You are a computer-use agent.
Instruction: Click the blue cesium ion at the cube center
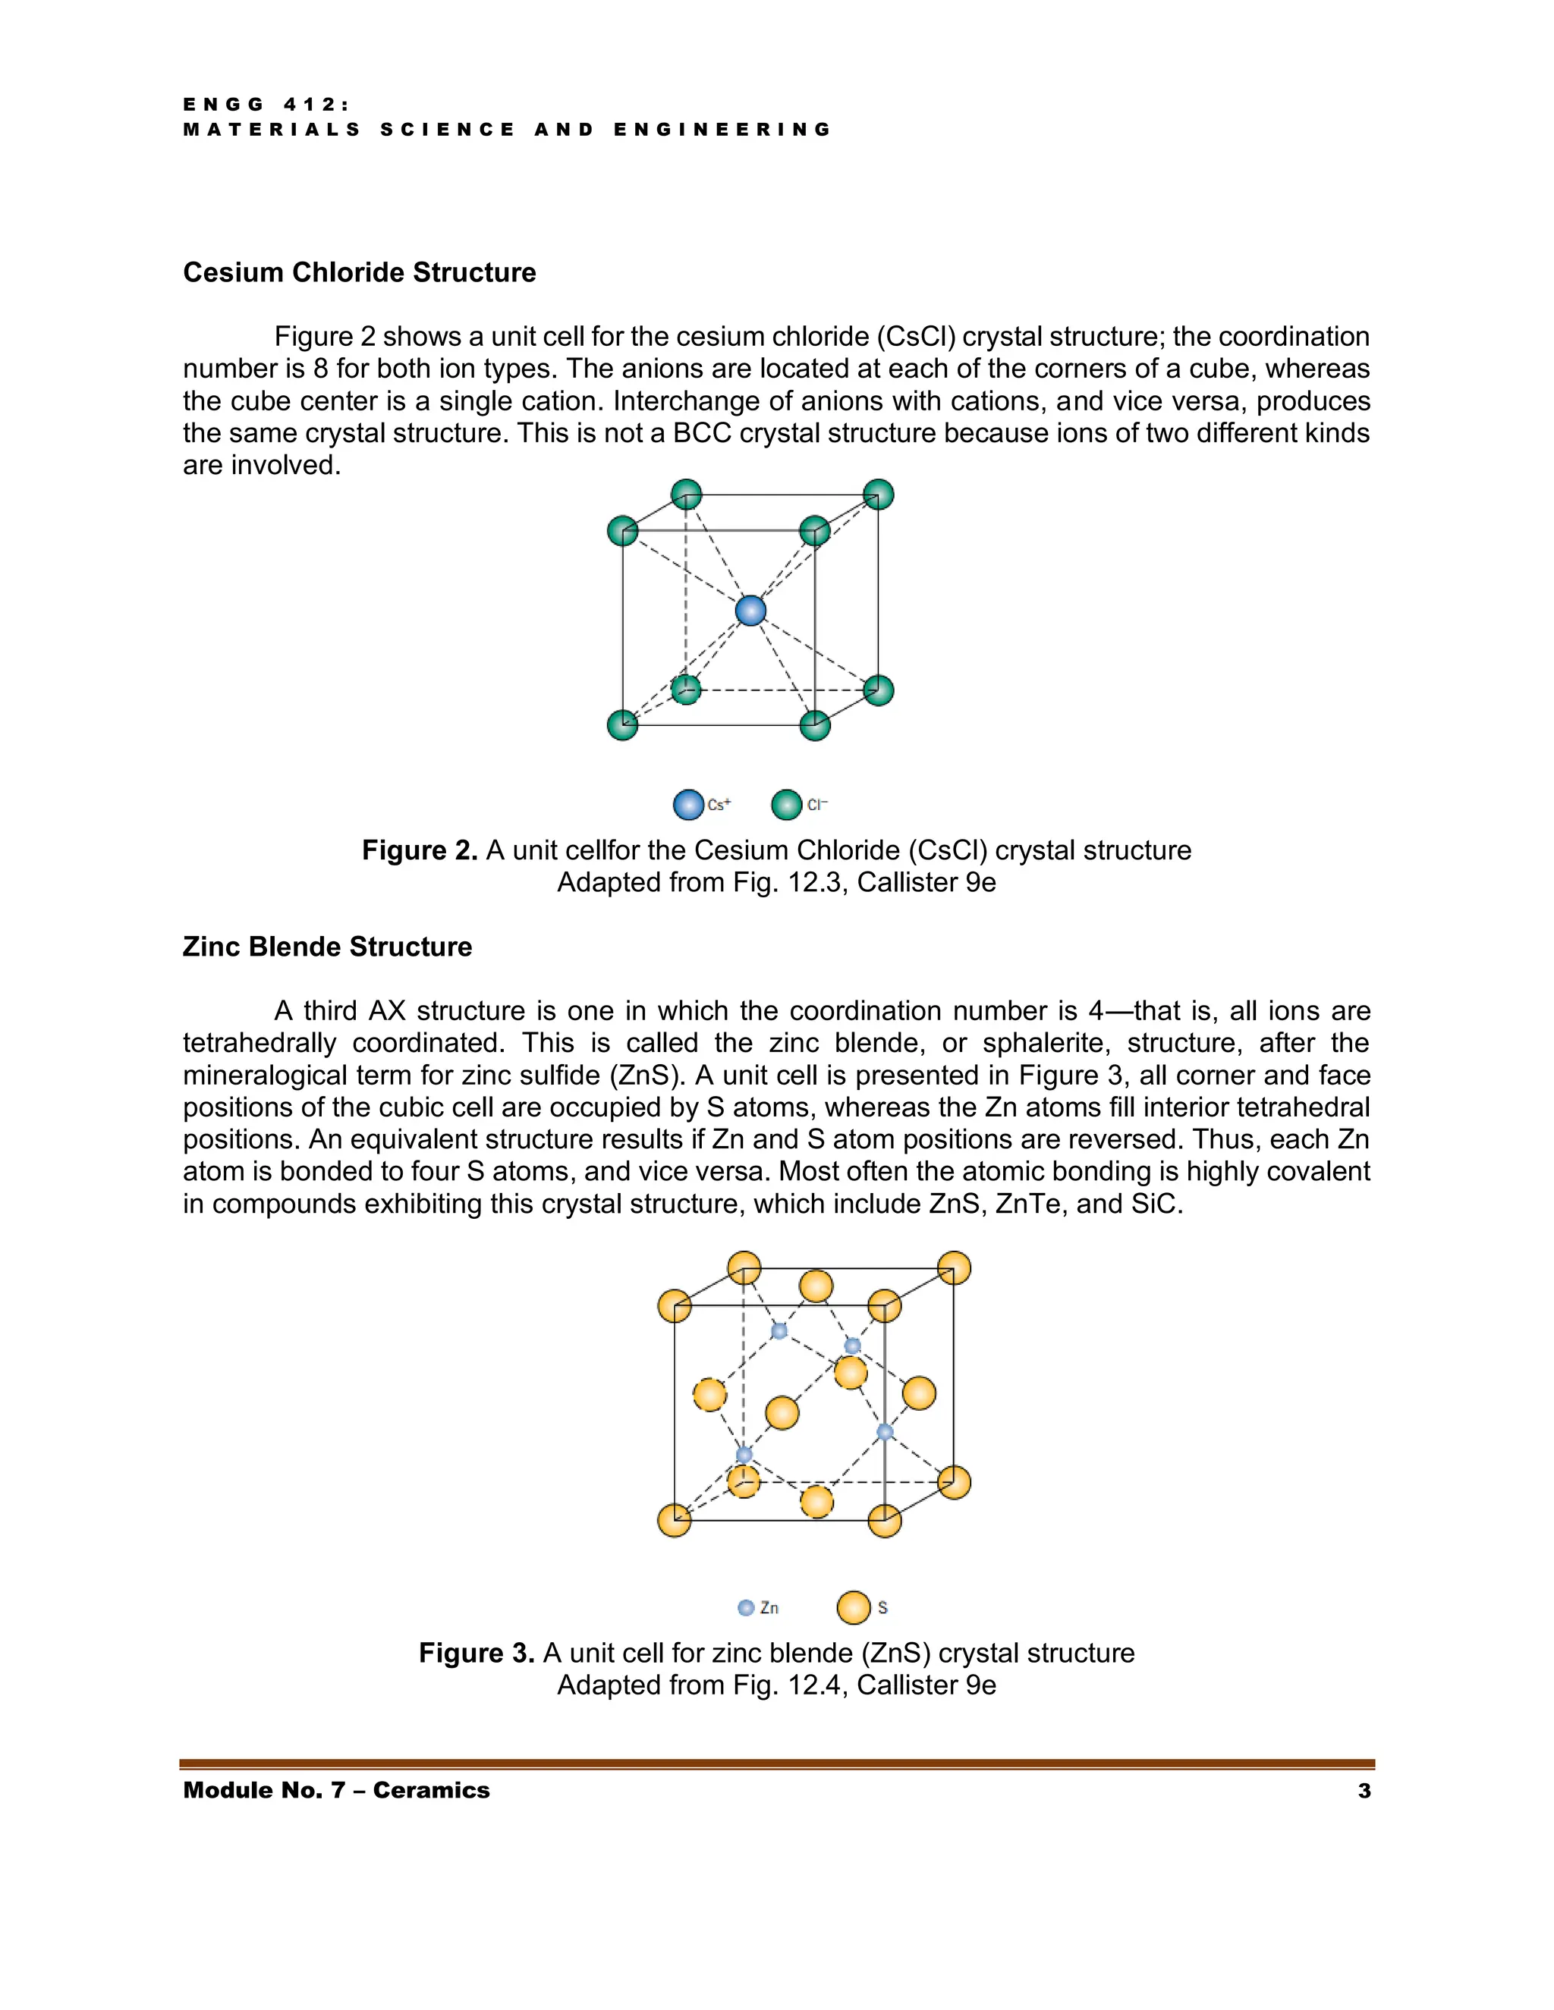(750, 610)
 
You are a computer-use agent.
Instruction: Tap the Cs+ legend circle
(687, 804)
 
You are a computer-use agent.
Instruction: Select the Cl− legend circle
(786, 804)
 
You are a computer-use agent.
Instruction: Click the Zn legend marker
(746, 1607)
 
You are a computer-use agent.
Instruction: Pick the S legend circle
(854, 1607)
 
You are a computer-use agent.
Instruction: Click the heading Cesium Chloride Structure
(359, 272)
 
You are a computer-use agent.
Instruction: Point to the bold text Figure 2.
(419, 850)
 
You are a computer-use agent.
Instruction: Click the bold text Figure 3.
(476, 1652)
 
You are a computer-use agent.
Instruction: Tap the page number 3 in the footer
(1364, 1790)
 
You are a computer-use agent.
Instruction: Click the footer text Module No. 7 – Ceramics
(336, 1790)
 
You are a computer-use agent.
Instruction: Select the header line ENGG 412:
(266, 105)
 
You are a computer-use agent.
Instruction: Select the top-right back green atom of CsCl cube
(878, 495)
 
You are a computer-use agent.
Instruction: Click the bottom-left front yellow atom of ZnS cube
(675, 1519)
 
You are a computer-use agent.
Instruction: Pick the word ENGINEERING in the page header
(722, 130)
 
